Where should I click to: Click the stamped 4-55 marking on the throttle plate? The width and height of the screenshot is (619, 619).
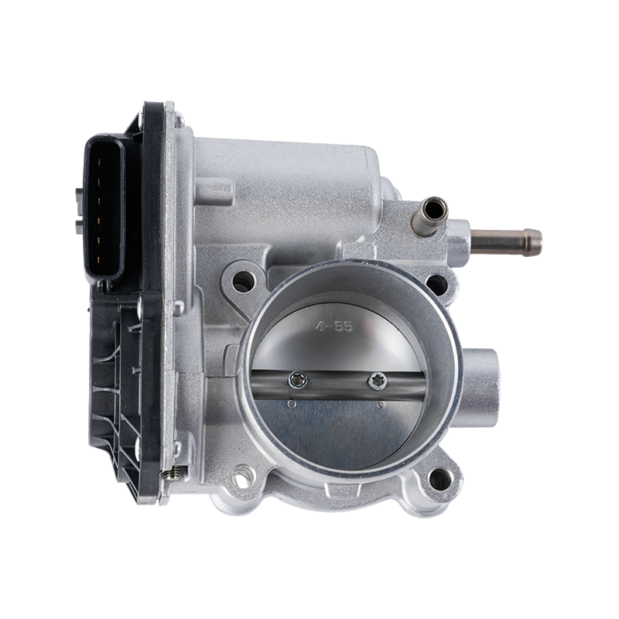click(333, 327)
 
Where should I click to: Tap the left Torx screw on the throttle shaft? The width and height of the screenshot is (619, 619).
click(298, 381)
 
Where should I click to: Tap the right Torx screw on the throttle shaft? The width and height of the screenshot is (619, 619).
click(378, 381)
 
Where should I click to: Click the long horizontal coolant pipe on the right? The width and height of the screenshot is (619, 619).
click(506, 241)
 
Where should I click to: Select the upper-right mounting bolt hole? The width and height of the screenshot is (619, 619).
click(436, 284)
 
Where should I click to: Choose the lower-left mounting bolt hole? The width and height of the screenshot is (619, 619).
click(242, 475)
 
